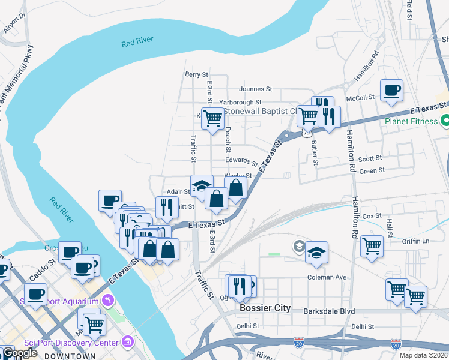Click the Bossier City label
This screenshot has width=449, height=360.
[x=265, y=308]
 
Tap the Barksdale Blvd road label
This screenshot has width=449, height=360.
[x=330, y=311]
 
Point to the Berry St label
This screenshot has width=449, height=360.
[x=196, y=74]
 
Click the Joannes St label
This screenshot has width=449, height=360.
[x=256, y=89]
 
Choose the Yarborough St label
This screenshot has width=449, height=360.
[x=240, y=103]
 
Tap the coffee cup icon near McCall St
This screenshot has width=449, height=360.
[x=391, y=91]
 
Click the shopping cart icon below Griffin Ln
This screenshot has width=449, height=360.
[x=372, y=245]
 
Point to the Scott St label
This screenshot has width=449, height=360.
[x=370, y=159]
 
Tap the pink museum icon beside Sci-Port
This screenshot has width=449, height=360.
[x=127, y=342]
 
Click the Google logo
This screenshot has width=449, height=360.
[x=19, y=353]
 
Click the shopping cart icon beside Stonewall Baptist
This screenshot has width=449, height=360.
[x=212, y=118]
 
